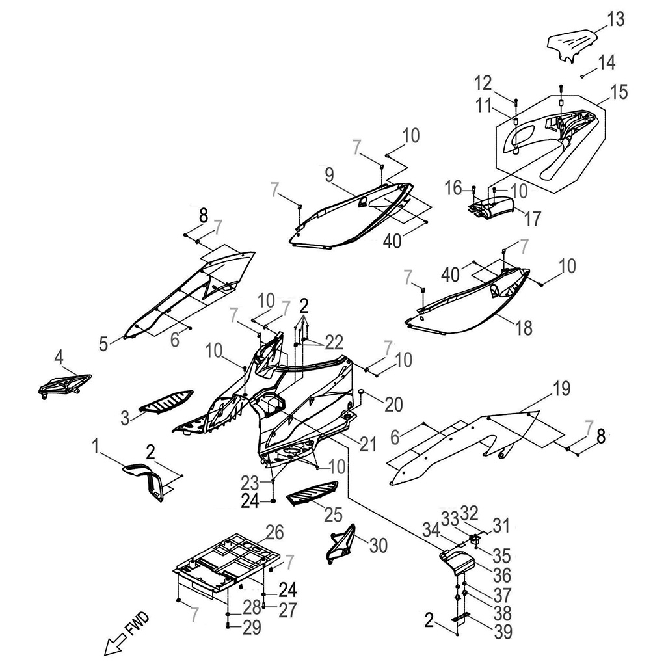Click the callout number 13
pyautogui.click(x=615, y=20)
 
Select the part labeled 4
pyautogui.click(x=63, y=384)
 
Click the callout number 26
pyautogui.click(x=274, y=533)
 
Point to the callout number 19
pyautogui.click(x=561, y=390)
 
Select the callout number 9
pyautogui.click(x=329, y=174)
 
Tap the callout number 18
pyautogui.click(x=523, y=328)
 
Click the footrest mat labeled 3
pyautogui.click(x=167, y=400)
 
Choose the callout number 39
pyautogui.click(x=503, y=631)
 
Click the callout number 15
pyautogui.click(x=619, y=92)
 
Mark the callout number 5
pyautogui.click(x=104, y=343)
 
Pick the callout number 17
pyautogui.click(x=532, y=219)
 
